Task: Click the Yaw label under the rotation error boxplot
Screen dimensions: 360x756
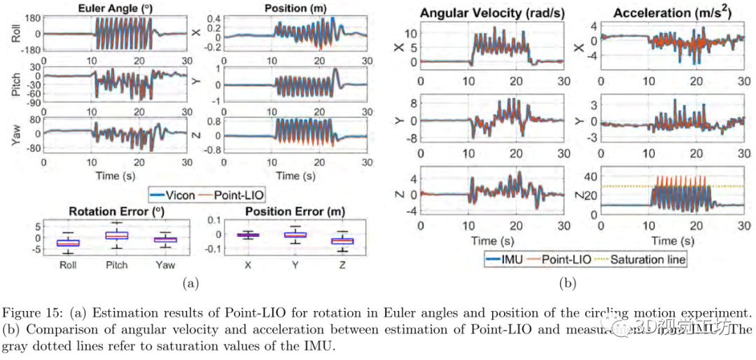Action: pos(165,265)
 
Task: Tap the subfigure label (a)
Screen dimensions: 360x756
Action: pos(190,284)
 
